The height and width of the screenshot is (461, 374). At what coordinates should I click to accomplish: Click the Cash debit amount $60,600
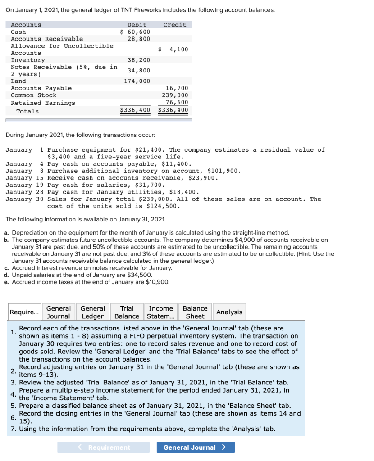pyautogui.click(x=135, y=32)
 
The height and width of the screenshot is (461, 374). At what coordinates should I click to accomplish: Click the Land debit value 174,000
pyautogui.click(x=137, y=81)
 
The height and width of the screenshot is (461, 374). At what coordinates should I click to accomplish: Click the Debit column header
pyautogui.click(x=137, y=25)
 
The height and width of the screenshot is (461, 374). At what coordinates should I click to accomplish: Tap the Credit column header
pyautogui.click(x=174, y=25)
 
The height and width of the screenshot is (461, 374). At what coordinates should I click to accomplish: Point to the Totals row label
pyautogui.click(x=27, y=111)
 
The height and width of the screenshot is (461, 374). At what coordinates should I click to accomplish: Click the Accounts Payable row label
pyautogui.click(x=41, y=88)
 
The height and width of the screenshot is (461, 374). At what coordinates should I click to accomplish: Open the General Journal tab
pyautogui.click(x=59, y=312)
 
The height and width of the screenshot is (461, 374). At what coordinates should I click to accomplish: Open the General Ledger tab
pyautogui.click(x=92, y=312)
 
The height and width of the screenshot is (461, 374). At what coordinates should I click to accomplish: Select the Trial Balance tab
pyautogui.click(x=127, y=312)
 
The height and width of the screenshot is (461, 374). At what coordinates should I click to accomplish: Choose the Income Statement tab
pyautogui.click(x=161, y=312)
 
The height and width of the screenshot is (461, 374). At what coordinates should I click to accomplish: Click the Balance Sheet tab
pyautogui.click(x=195, y=312)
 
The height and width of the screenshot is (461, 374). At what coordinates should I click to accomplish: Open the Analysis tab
pyautogui.click(x=229, y=312)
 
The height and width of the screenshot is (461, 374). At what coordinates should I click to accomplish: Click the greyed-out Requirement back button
pyautogui.click(x=103, y=447)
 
